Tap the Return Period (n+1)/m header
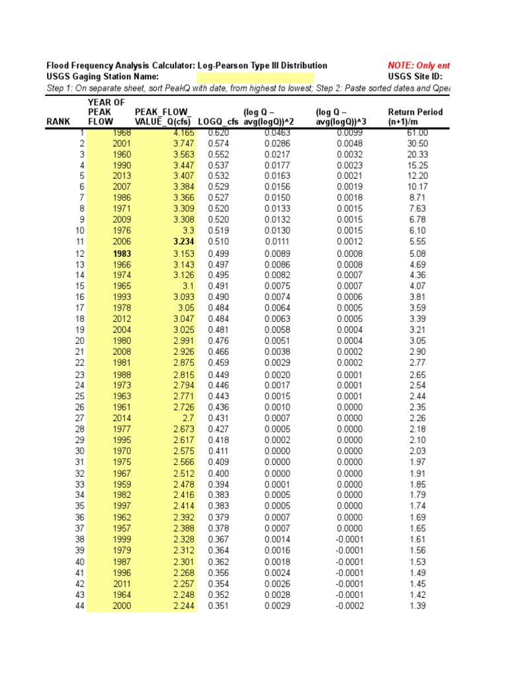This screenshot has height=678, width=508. (x=415, y=117)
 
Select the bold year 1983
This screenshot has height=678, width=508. (x=122, y=254)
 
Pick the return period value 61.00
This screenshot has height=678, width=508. (x=417, y=133)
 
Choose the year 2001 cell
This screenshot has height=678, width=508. (x=122, y=143)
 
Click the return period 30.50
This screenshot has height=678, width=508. (x=417, y=143)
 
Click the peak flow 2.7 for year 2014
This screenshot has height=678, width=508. (x=188, y=418)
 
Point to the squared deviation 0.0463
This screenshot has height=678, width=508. (x=276, y=133)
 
